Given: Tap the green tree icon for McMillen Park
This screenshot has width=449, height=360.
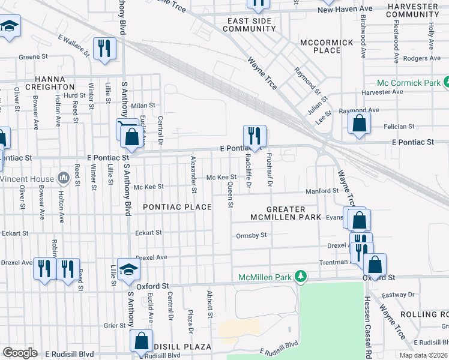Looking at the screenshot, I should (304, 277).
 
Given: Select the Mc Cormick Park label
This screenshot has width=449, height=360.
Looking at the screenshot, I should (408, 83).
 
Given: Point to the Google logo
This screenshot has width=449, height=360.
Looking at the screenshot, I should (20, 353).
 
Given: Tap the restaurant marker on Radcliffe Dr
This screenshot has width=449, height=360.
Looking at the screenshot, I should (255, 136).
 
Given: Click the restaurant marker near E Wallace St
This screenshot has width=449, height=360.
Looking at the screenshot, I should (105, 49).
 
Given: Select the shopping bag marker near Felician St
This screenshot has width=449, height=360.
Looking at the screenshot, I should (358, 124).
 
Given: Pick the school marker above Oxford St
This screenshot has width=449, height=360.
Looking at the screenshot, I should (128, 269).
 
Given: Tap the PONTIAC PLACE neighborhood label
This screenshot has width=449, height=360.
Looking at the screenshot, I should (177, 207).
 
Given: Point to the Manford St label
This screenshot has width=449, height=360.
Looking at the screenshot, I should (322, 191).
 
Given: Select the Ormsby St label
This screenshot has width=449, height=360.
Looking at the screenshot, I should (252, 236).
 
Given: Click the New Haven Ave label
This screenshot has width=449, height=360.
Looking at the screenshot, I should (345, 9).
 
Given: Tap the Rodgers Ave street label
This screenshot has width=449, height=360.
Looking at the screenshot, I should (423, 58).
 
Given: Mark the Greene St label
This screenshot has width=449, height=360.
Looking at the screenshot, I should (33, 57).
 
